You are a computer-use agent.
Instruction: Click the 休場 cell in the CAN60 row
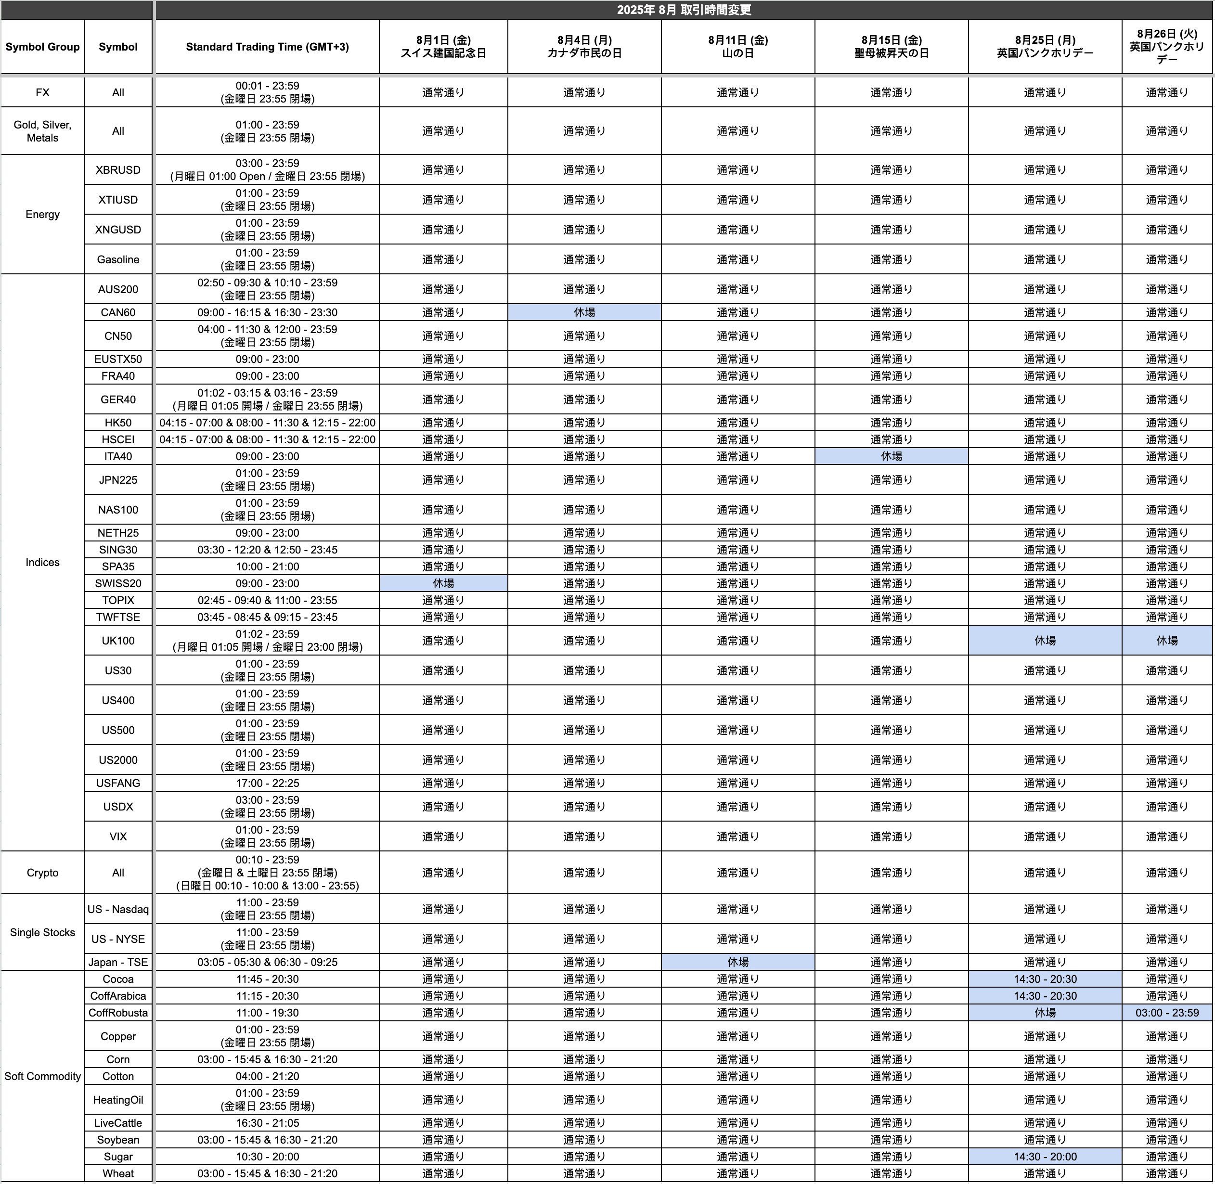[584, 312]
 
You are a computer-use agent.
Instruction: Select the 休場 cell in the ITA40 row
[891, 456]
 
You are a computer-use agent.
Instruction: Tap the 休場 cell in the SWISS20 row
[443, 583]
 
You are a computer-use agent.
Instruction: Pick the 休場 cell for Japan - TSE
[737, 962]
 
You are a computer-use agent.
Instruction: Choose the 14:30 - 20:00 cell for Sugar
[1045, 1157]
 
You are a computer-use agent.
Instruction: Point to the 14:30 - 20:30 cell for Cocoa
[1045, 979]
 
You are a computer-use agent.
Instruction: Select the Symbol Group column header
[42, 47]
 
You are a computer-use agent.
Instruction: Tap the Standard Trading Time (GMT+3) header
[267, 47]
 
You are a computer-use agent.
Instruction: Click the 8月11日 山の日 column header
[737, 47]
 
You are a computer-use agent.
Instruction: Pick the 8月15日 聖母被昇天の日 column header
[891, 47]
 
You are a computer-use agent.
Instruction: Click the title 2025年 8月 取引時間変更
[684, 10]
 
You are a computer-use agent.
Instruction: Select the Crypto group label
[42, 873]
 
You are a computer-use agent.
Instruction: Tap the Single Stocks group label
[42, 932]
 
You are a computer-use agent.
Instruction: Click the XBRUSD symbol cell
[118, 170]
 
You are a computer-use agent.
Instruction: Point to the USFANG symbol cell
[118, 783]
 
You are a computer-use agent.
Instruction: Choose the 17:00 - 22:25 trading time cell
[267, 783]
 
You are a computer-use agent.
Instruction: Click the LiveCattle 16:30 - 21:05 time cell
[267, 1123]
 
